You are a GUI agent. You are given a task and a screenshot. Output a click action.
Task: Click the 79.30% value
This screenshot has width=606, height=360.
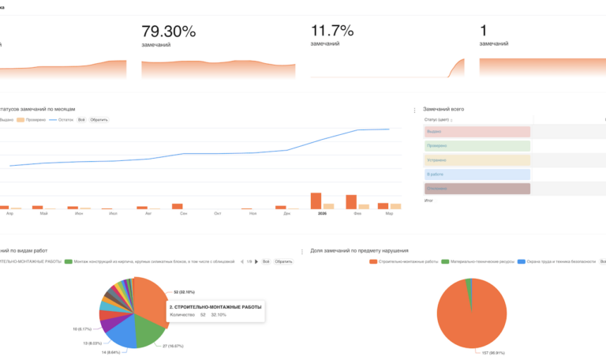168,32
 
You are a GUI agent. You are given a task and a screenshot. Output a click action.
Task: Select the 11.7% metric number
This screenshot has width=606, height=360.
331,32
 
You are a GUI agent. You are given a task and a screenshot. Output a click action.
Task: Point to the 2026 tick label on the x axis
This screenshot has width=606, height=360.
322,213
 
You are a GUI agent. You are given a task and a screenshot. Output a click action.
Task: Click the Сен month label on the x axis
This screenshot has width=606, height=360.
183,213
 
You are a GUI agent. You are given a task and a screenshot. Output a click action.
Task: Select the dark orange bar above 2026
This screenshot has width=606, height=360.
316,201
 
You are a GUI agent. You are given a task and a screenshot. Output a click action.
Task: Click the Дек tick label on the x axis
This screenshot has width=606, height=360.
287,213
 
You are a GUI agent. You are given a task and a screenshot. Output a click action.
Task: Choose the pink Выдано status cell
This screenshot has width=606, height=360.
477,132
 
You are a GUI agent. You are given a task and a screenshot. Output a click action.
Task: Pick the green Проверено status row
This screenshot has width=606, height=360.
477,146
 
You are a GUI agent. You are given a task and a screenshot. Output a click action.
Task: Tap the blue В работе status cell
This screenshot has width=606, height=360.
477,174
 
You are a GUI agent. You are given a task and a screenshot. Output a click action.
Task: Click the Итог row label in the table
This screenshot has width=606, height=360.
429,201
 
